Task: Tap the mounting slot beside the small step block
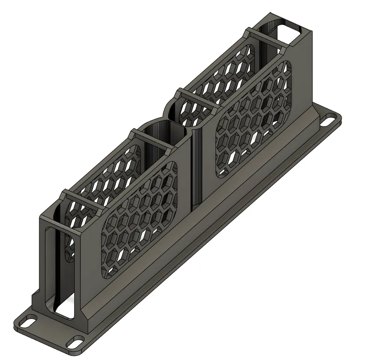(28, 322)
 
